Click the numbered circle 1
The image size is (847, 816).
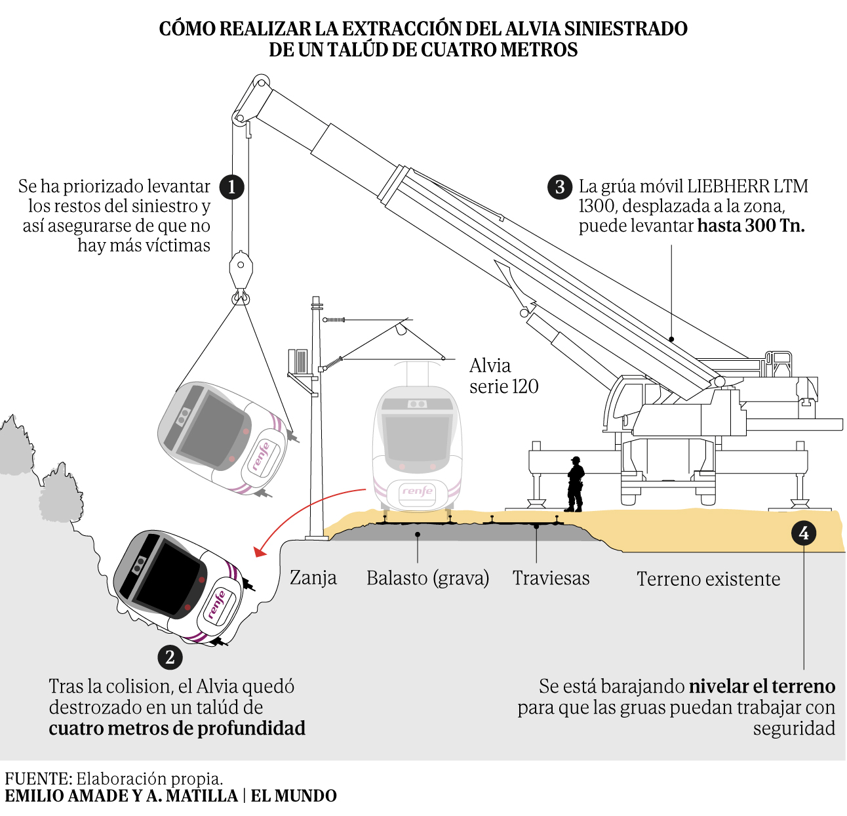[x=231, y=187]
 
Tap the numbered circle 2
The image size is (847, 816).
[x=170, y=657]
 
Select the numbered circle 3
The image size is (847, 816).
[x=559, y=187]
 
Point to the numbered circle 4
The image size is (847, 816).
[x=804, y=533]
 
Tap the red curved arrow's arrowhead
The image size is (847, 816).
[x=259, y=551]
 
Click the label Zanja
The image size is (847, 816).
[x=313, y=578]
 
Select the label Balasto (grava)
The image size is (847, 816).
[x=427, y=578]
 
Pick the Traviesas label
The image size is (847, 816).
[x=551, y=578]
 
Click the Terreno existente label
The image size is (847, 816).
[x=708, y=579]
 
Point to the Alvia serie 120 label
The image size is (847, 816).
[x=503, y=376]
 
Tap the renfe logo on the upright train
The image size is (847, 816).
[x=418, y=491]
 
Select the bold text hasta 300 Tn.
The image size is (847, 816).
[x=751, y=226]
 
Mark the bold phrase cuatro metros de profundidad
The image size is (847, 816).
[x=177, y=729]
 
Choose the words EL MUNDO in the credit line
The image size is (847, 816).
[x=294, y=796]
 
